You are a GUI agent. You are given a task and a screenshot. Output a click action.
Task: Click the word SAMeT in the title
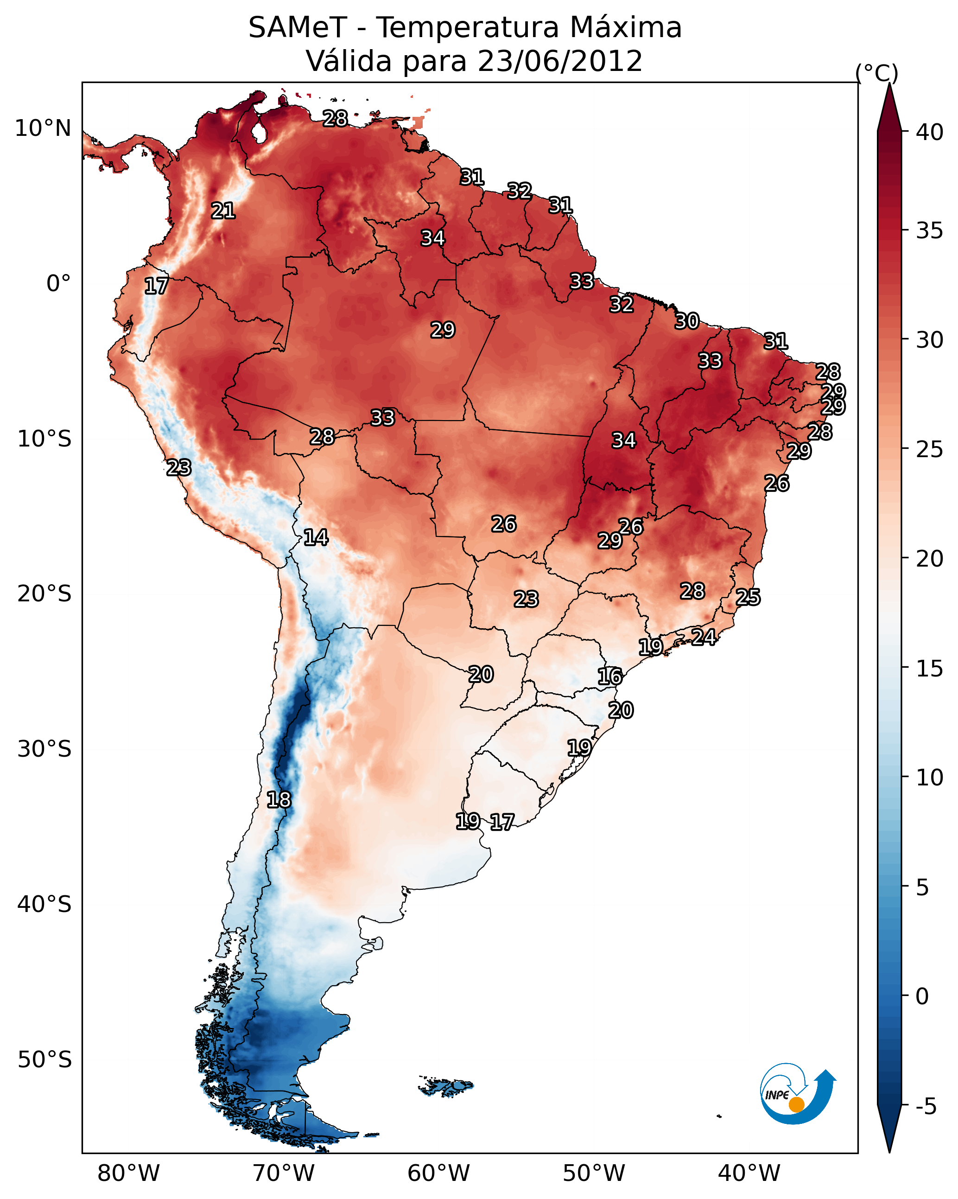pos(298,28)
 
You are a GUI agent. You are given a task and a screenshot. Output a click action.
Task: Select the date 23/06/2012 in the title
pos(560,61)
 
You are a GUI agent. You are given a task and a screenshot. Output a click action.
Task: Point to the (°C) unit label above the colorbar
pos(877,73)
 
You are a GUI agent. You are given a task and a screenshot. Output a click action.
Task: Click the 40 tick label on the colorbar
pos(930,132)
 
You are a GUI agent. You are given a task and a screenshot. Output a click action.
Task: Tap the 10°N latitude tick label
pos(43,128)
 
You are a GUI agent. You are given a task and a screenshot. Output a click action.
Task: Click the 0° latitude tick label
pos(58,284)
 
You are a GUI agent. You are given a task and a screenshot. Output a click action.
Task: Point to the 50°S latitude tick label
pos(44,1060)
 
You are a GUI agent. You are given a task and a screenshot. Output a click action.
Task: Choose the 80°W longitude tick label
pos(128,1173)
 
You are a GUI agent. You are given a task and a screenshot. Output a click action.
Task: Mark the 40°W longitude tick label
pos(749,1173)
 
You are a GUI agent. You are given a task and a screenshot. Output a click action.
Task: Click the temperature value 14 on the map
pos(316,537)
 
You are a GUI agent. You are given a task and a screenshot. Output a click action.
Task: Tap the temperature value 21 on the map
pos(223,211)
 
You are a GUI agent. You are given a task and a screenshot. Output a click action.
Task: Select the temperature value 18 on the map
pos(279,800)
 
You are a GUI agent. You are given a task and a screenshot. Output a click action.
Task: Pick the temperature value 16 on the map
pos(610,677)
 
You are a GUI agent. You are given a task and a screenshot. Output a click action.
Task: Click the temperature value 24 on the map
pos(704,637)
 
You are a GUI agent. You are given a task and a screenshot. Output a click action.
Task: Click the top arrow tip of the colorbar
pos(889,86)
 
